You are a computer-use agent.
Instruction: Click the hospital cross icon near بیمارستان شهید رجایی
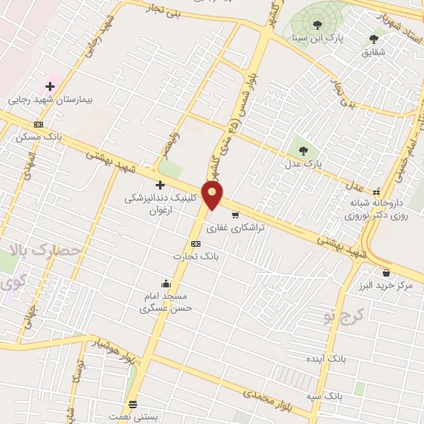pyautogui.click(x=50, y=85)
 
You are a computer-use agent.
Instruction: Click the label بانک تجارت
pyautogui.click(x=195, y=257)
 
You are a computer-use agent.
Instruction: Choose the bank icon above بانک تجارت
pyautogui.click(x=195, y=243)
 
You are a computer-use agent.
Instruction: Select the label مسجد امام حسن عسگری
pyautogui.click(x=166, y=301)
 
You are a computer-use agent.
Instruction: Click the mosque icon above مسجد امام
pyautogui.click(x=166, y=283)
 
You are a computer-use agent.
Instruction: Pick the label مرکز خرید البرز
pyautogui.click(x=387, y=286)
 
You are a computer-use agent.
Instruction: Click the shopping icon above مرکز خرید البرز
pyautogui.click(x=386, y=272)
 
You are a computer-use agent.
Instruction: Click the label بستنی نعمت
pyautogui.click(x=133, y=418)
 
